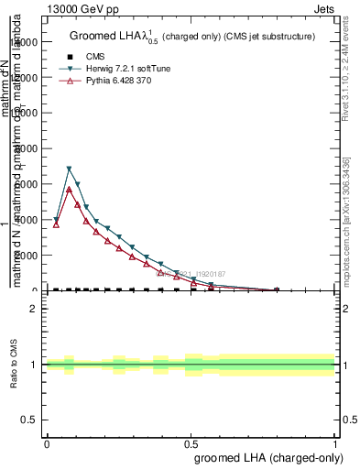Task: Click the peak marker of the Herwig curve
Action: point(69,169)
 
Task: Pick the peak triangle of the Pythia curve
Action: point(69,189)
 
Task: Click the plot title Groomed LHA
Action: point(110,37)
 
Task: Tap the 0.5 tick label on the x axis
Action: point(191,442)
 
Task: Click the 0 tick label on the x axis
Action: point(47,442)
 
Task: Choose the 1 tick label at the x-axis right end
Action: point(334,442)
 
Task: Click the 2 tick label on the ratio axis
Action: point(34,309)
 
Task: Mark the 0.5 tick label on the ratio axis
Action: point(29,420)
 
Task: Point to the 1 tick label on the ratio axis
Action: point(34,365)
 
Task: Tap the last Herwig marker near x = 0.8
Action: point(278,290)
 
